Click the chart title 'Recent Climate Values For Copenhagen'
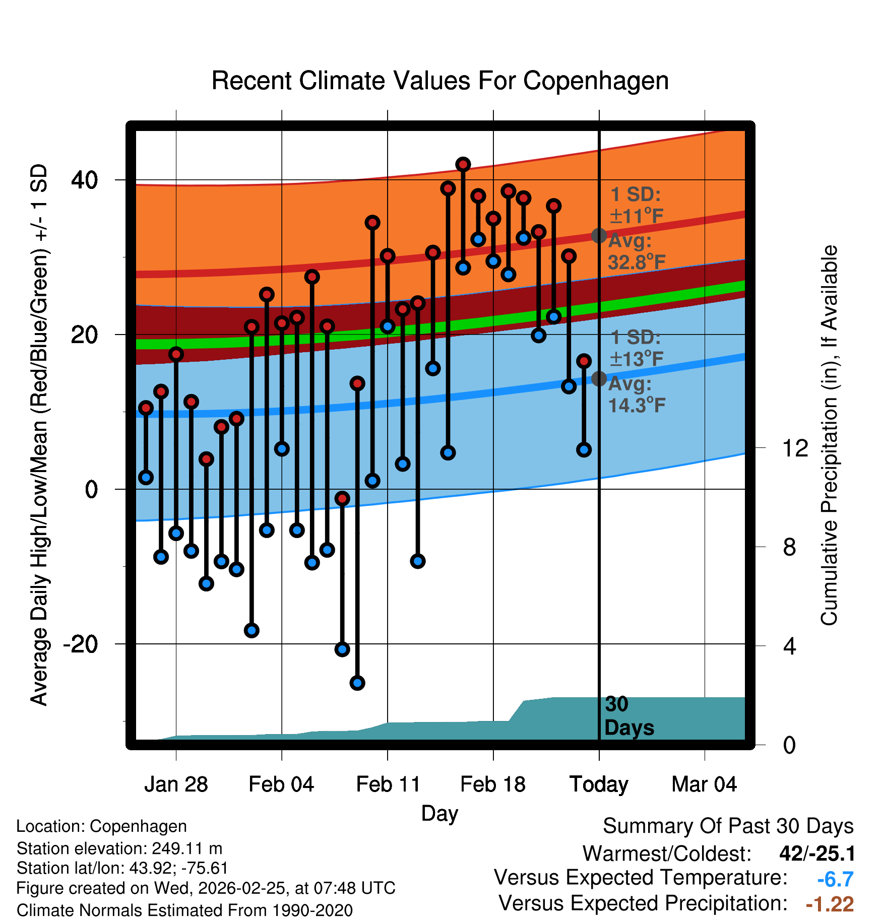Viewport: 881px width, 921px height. pyautogui.click(x=440, y=81)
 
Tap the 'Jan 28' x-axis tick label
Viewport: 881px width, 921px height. pyautogui.click(x=176, y=784)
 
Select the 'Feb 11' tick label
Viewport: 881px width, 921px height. pyautogui.click(x=388, y=784)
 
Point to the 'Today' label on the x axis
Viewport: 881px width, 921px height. pyautogui.click(x=599, y=784)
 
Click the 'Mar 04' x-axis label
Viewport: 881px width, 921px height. pyautogui.click(x=704, y=784)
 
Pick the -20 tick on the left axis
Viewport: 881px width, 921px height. pyautogui.click(x=80, y=644)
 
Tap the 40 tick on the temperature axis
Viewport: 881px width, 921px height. pyautogui.click(x=84, y=180)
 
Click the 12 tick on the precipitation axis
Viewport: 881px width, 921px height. pyautogui.click(x=795, y=448)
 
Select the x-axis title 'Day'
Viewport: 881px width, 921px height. pyautogui.click(x=439, y=813)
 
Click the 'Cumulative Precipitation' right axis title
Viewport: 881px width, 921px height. pyautogui.click(x=829, y=436)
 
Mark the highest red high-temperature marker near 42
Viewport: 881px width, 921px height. pyautogui.click(x=463, y=164)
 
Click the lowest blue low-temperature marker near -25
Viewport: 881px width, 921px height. pyautogui.click(x=357, y=683)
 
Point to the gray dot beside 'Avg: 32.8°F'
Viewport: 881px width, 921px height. pyautogui.click(x=599, y=235)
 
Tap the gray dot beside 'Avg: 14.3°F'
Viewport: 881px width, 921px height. pyautogui.click(x=599, y=379)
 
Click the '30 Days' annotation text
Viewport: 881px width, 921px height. pyautogui.click(x=628, y=716)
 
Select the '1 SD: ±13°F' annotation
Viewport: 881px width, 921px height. pyautogui.click(x=636, y=348)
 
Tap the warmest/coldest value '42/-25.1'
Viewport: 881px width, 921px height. pyautogui.click(x=817, y=853)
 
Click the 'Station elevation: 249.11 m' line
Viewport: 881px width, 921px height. pyautogui.click(x=119, y=848)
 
